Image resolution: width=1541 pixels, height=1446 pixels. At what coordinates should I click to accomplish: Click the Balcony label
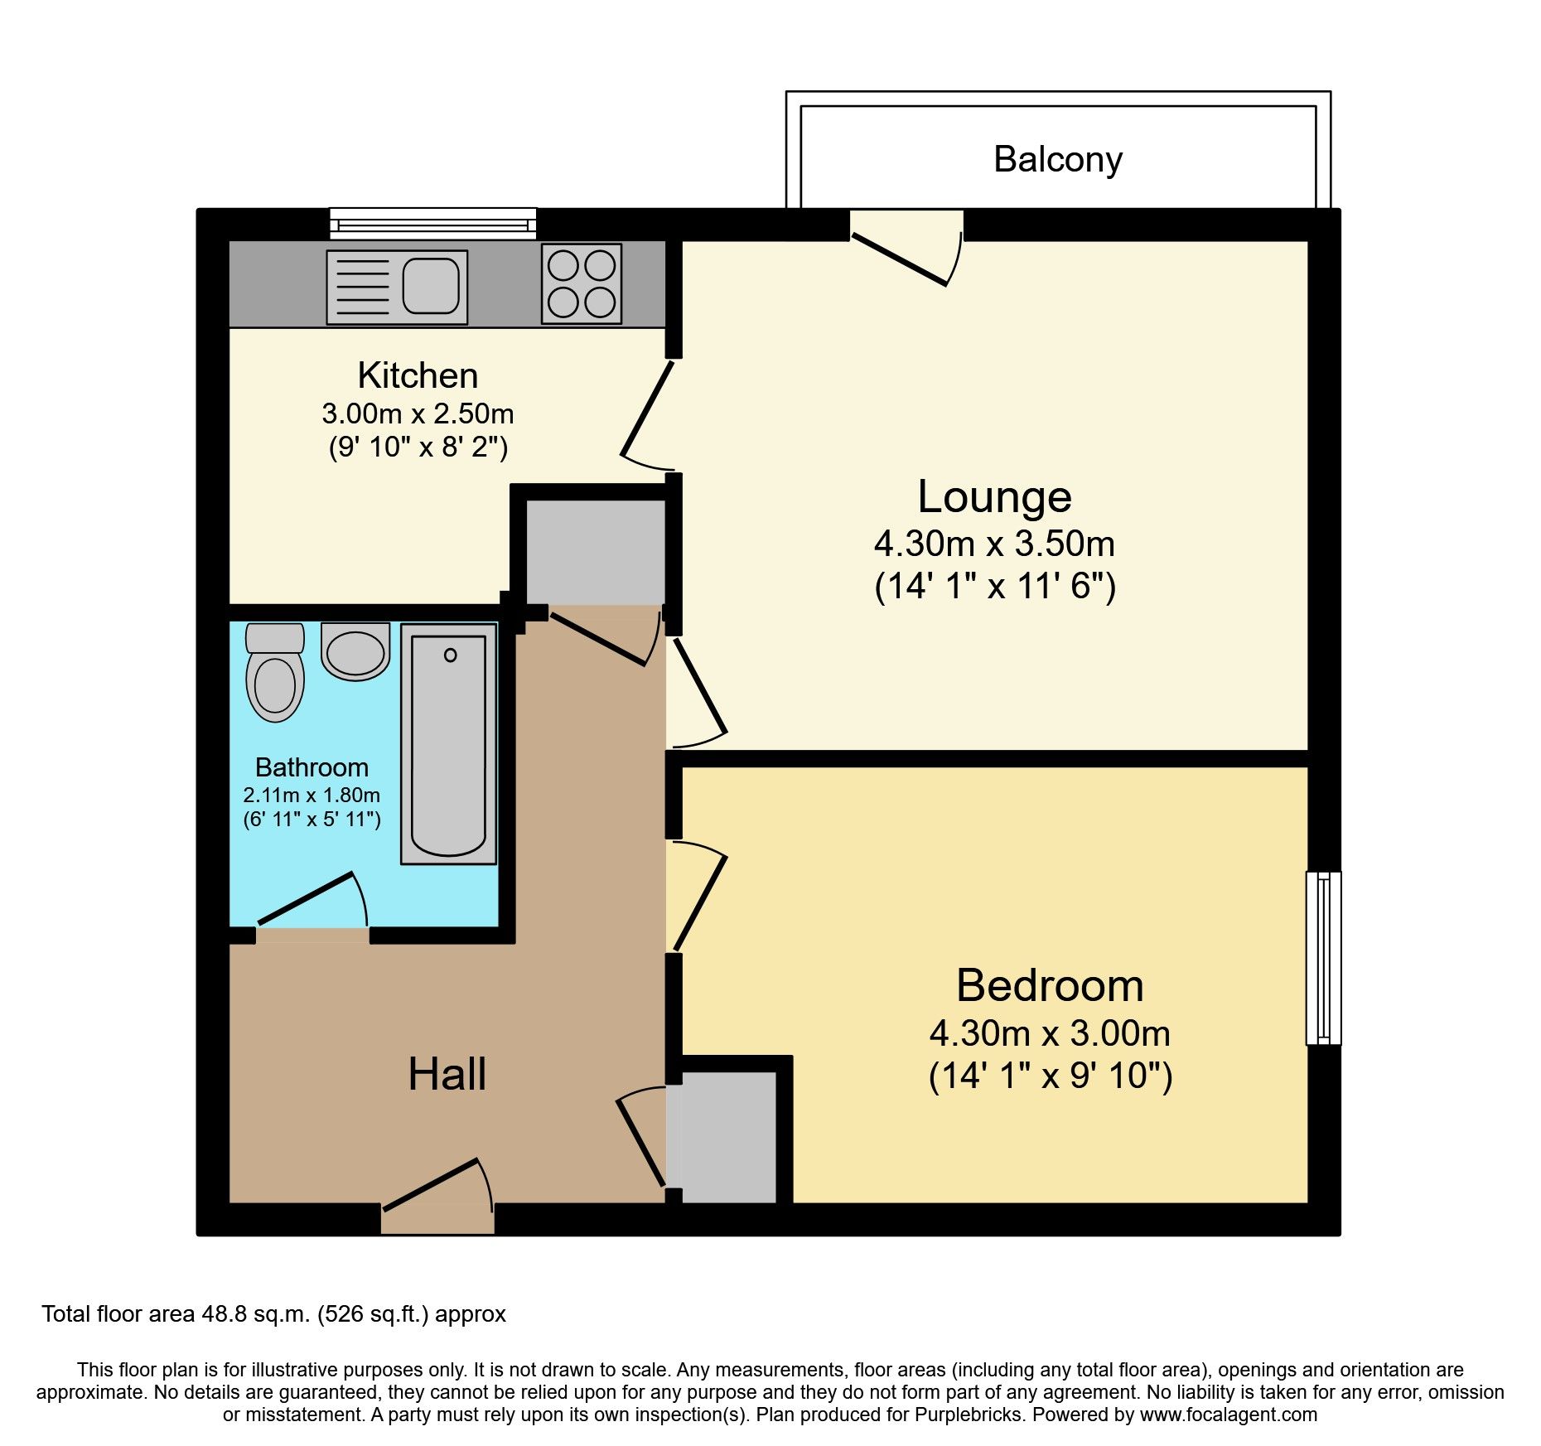[1057, 159]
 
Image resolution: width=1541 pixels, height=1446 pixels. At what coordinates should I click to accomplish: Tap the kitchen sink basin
[431, 285]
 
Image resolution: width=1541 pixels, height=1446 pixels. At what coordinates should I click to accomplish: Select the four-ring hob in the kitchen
[581, 283]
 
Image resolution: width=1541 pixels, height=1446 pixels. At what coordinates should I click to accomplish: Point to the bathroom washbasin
[355, 652]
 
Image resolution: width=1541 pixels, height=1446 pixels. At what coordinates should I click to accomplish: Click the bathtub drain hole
[450, 655]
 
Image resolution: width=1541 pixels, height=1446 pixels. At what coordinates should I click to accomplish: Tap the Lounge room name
[994, 496]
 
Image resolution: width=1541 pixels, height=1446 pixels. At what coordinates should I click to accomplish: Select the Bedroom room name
[1050, 985]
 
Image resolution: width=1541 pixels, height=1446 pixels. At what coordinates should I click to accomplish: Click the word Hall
[447, 1074]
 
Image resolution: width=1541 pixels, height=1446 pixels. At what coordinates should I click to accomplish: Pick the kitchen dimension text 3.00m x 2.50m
[418, 413]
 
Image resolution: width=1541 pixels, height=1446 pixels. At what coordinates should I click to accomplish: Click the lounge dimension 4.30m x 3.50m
[994, 544]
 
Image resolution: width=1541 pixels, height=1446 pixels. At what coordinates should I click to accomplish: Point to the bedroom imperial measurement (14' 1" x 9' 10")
[1050, 1076]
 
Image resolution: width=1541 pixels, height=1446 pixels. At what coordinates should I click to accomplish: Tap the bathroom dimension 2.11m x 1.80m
[312, 795]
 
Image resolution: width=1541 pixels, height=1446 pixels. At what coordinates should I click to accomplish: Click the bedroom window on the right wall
[1323, 957]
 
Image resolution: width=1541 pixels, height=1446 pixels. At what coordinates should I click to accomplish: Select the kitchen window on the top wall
[432, 224]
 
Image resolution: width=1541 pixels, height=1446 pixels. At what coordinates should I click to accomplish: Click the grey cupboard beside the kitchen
[595, 552]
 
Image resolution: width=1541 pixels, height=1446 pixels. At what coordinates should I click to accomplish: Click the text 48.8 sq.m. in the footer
[256, 1314]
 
